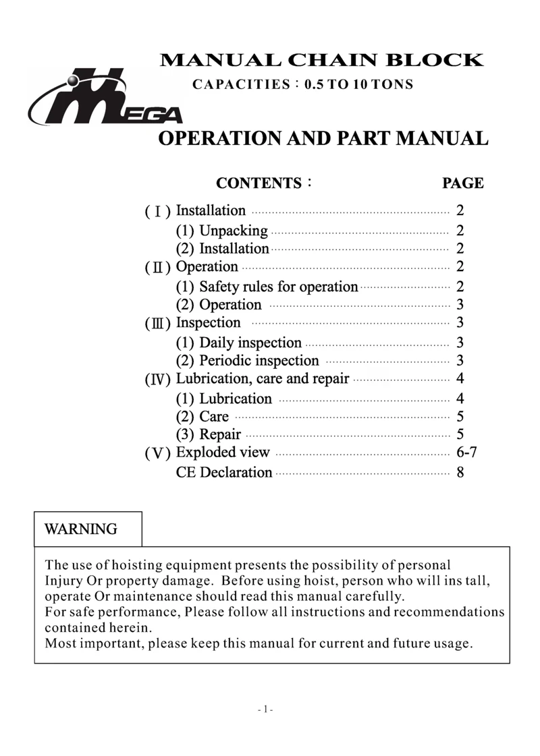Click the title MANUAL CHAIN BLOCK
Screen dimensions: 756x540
tap(321, 60)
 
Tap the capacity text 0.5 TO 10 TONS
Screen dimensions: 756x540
tap(358, 86)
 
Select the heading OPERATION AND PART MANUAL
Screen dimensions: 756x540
tap(322, 139)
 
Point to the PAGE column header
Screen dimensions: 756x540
tap(462, 183)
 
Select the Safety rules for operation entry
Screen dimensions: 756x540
tap(267, 287)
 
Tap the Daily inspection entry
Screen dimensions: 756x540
tap(238, 343)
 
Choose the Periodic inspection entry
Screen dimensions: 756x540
tap(247, 361)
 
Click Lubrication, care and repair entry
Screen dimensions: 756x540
tap(262, 378)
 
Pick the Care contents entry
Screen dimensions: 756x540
tap(202, 417)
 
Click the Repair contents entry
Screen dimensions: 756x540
tap(208, 434)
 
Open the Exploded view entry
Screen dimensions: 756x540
tap(222, 453)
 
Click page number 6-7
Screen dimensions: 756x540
tap(468, 453)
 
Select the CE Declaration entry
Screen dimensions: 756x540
tap(223, 472)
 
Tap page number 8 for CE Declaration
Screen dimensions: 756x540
tap(460, 472)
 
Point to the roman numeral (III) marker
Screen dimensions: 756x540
tap(157, 324)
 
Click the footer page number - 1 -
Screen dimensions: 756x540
tap(265, 709)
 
